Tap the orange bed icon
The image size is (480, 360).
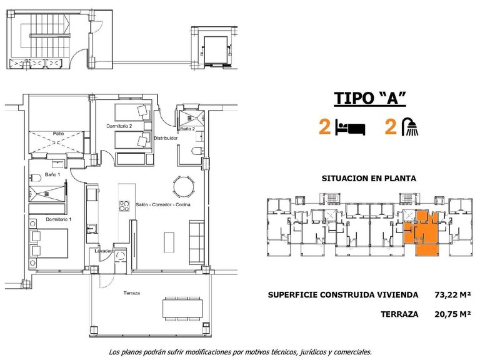coord(351,128)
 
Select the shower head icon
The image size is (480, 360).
coord(410,127)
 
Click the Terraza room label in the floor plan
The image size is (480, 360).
coord(131,293)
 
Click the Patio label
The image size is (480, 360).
coord(58,133)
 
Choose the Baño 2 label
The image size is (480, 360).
coord(189,129)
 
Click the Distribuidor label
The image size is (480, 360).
coord(167,137)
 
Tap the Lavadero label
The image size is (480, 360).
coord(104,251)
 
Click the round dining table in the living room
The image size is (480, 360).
coord(182,186)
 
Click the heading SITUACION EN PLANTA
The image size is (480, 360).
coord(369,177)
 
